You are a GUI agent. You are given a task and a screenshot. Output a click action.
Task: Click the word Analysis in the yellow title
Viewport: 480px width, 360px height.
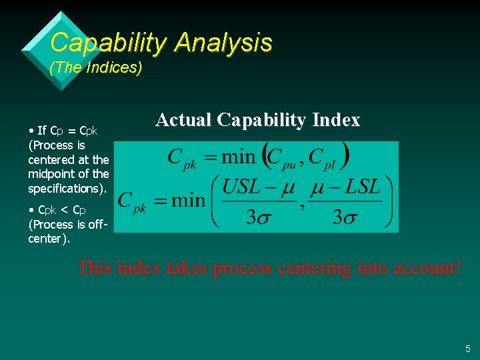223,43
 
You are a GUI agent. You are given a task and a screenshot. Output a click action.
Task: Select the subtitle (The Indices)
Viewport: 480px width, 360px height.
96,68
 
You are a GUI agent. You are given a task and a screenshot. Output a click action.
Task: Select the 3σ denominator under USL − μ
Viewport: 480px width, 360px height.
259,217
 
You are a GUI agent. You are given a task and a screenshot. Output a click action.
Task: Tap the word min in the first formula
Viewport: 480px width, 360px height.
239,157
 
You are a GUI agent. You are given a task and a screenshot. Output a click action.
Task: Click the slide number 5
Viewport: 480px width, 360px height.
467,349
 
